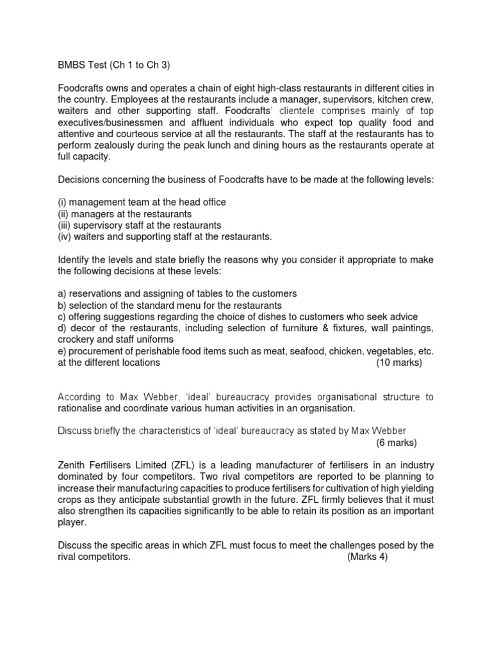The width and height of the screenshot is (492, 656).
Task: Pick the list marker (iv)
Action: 65,237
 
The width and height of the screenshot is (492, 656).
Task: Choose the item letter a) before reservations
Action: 62,293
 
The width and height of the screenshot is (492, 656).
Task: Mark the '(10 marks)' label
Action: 399,363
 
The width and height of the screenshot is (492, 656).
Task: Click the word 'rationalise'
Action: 83,408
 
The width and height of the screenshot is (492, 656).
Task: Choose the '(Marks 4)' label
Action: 367,557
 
